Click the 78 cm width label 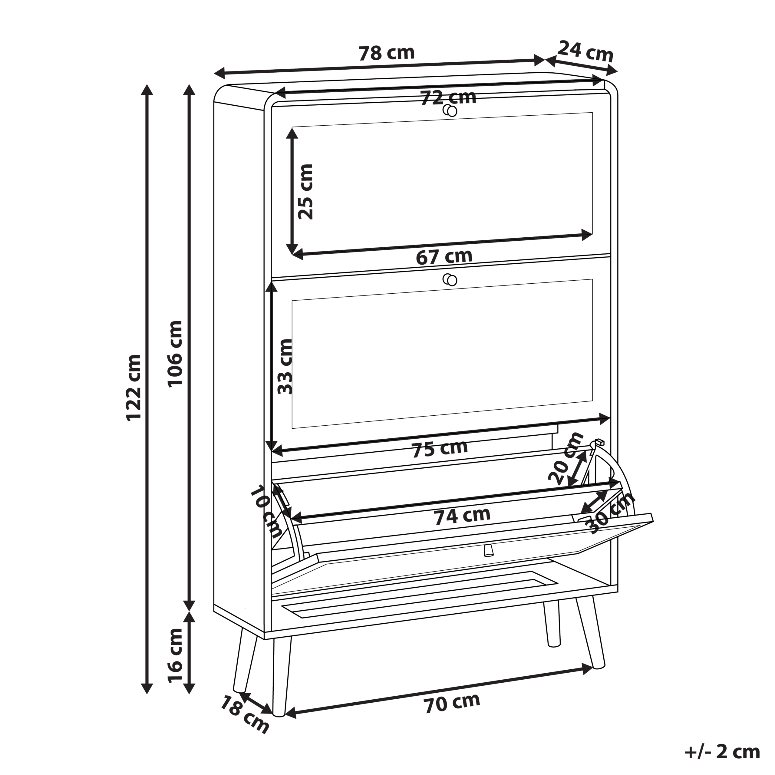pyautogui.click(x=386, y=53)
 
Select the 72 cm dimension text pyautogui.click(x=448, y=97)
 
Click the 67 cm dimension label pyautogui.click(x=444, y=257)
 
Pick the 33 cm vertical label pyautogui.click(x=285, y=367)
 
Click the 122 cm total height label pyautogui.click(x=134, y=388)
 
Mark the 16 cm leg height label pyautogui.click(x=175, y=656)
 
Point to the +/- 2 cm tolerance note pyautogui.click(x=722, y=752)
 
